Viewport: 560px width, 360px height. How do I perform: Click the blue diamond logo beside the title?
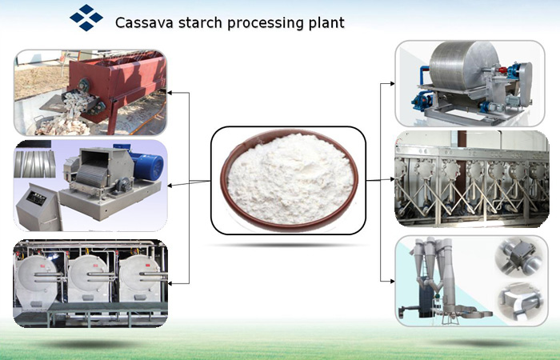pyautogui.click(x=86, y=18)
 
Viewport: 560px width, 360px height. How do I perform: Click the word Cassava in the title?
pyautogui.click(x=144, y=22)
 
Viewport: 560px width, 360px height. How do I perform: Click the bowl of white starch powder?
pyautogui.click(x=290, y=180)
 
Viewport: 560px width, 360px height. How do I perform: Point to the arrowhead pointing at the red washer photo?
pyautogui.click(x=170, y=93)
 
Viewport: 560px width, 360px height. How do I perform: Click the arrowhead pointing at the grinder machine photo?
pyautogui.click(x=170, y=186)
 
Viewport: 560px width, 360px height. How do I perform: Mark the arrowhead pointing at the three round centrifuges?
pyautogui.click(x=170, y=283)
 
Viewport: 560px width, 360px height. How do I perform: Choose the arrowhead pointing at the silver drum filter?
pyautogui.click(x=392, y=83)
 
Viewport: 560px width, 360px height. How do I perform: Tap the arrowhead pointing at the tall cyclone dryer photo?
pyautogui.click(x=392, y=281)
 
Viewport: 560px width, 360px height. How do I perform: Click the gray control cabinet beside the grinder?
pyautogui.click(x=38, y=207)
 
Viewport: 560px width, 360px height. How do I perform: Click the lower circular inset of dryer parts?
pyautogui.click(x=521, y=301)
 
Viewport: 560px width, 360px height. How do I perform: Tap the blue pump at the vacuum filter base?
pyautogui.click(x=422, y=100)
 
